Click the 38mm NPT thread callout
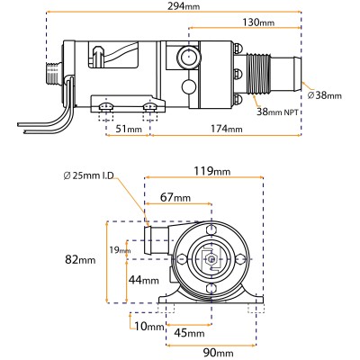coord(279,112)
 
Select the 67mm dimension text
coord(175,198)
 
